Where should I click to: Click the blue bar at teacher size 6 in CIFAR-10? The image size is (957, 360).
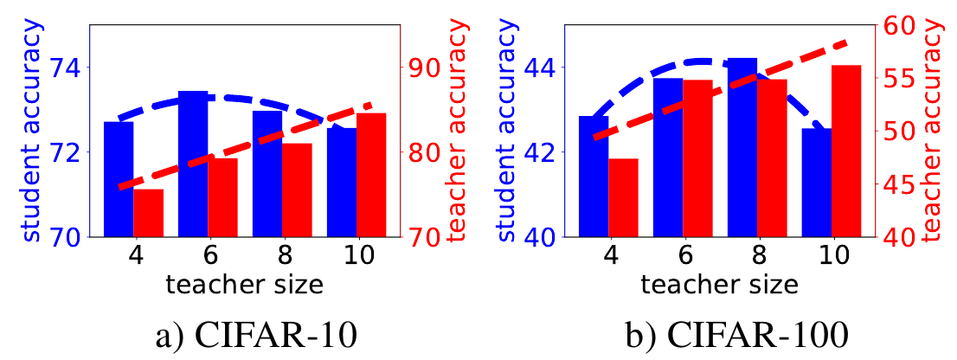(193, 164)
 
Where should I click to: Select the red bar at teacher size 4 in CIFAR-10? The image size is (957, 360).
(148, 213)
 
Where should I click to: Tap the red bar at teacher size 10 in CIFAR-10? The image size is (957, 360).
(372, 175)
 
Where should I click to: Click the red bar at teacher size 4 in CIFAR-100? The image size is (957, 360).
(623, 197)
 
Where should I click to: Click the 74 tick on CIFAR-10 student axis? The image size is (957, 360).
(61, 67)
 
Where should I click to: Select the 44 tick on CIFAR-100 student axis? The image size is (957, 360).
(536, 67)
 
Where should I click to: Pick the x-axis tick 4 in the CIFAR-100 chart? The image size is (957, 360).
(608, 255)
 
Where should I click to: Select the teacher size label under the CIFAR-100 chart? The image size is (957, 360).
(720, 284)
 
